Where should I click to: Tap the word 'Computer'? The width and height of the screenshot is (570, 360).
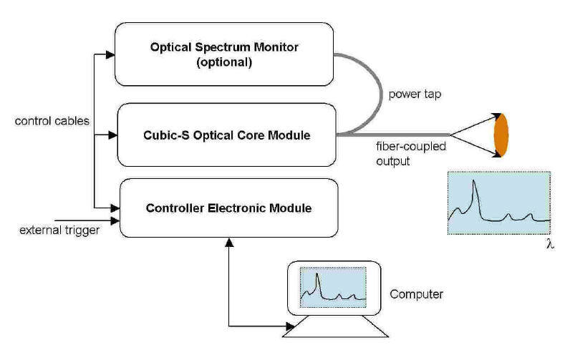416,294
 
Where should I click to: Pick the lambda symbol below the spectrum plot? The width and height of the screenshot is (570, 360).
549,244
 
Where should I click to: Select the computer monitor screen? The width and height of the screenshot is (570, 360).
333,285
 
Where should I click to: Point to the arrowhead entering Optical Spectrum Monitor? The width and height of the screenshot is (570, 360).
110,54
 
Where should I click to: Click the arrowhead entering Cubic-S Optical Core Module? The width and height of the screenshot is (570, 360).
110,133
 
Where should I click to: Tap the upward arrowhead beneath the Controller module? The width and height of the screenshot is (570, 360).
228,243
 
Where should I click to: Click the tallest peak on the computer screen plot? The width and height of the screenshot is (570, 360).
317,276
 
